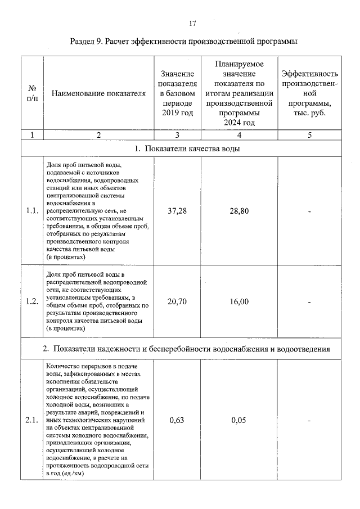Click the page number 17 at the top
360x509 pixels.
[x=192, y=23]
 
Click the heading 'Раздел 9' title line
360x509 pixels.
[x=183, y=42]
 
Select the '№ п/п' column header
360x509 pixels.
[x=32, y=93]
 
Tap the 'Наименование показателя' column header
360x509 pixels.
[x=98, y=93]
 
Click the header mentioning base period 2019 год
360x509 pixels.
[x=177, y=93]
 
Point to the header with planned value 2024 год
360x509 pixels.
[x=239, y=93]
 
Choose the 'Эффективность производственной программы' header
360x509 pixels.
[x=309, y=93]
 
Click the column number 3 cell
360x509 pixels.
[x=177, y=135]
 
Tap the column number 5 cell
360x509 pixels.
[x=309, y=135]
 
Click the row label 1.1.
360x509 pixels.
[x=32, y=211]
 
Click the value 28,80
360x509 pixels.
[x=239, y=211]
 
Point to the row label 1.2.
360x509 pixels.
[x=32, y=301]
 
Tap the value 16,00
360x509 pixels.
[x=239, y=301]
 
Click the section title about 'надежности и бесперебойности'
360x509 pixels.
[x=186, y=349]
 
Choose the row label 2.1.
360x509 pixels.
[x=32, y=420]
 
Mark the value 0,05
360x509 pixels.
[x=239, y=420]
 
